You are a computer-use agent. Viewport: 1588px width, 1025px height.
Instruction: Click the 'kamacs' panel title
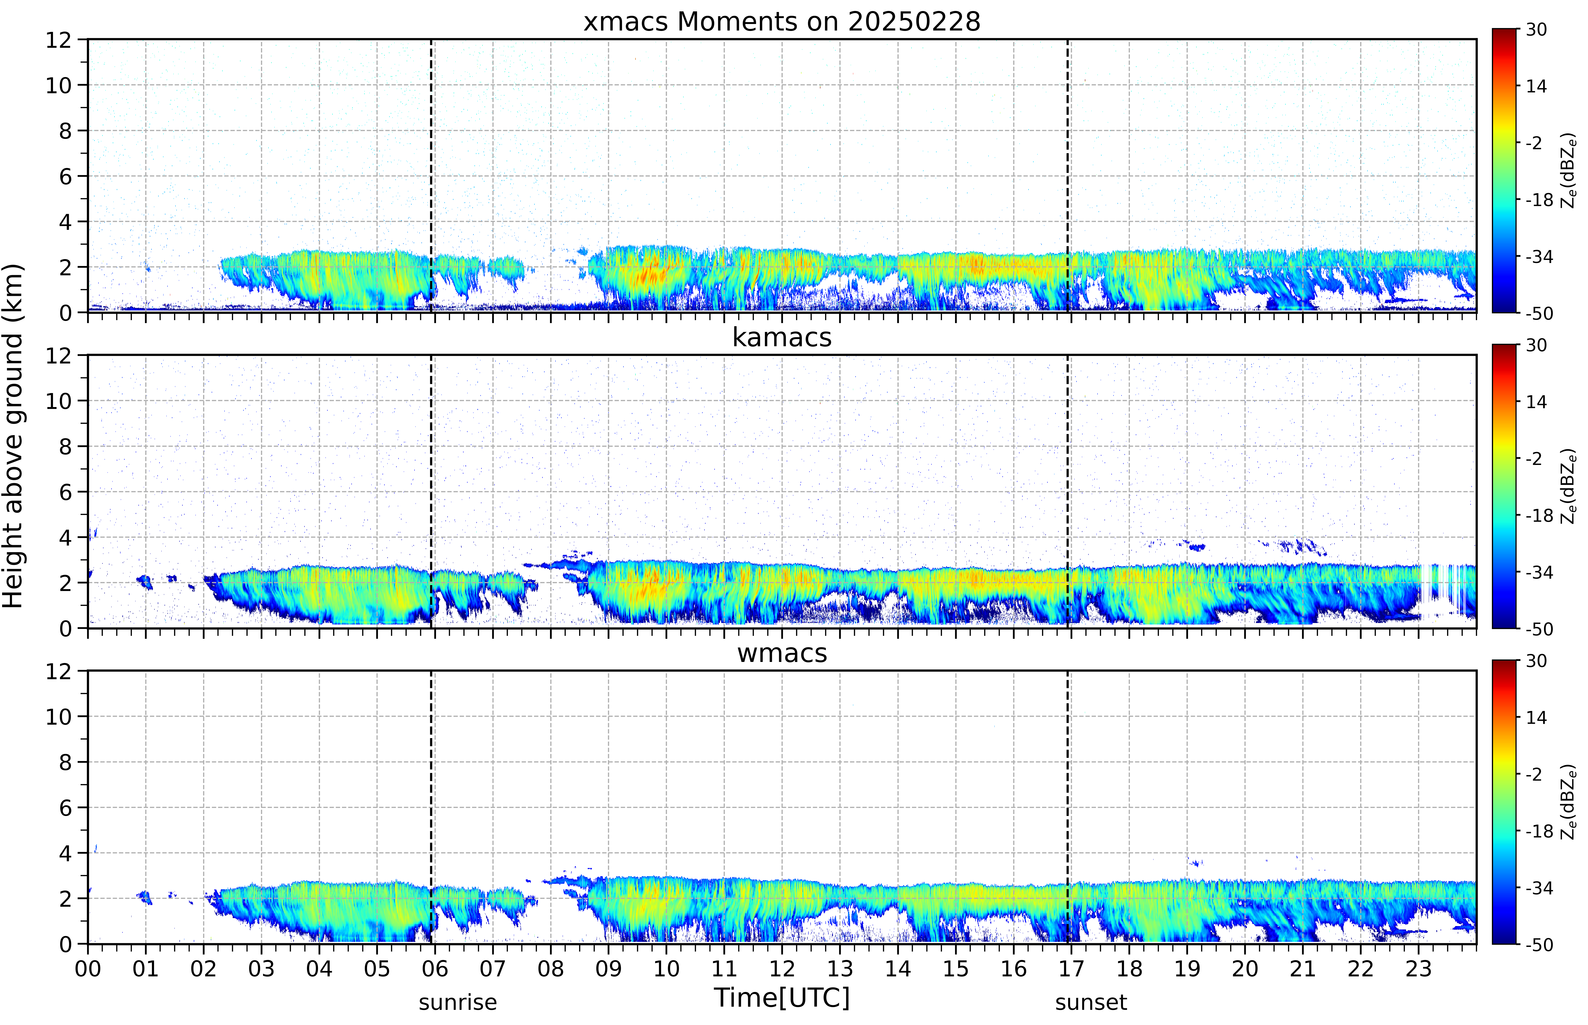pyautogui.click(x=782, y=337)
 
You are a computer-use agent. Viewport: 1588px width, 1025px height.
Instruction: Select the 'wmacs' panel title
pyautogui.click(x=782, y=653)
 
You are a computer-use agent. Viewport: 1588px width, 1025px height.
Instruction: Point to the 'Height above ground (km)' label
pyautogui.click(x=13, y=436)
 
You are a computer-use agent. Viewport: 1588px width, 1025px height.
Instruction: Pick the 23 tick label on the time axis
pyautogui.click(x=1418, y=968)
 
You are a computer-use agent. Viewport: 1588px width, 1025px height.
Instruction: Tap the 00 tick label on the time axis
pyautogui.click(x=88, y=968)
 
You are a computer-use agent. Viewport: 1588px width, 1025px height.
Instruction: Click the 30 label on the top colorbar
pyautogui.click(x=1536, y=30)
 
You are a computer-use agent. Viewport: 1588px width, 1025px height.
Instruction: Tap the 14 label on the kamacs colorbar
pyautogui.click(x=1536, y=402)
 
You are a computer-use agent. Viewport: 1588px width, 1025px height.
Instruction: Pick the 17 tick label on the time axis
pyautogui.click(x=1071, y=968)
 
